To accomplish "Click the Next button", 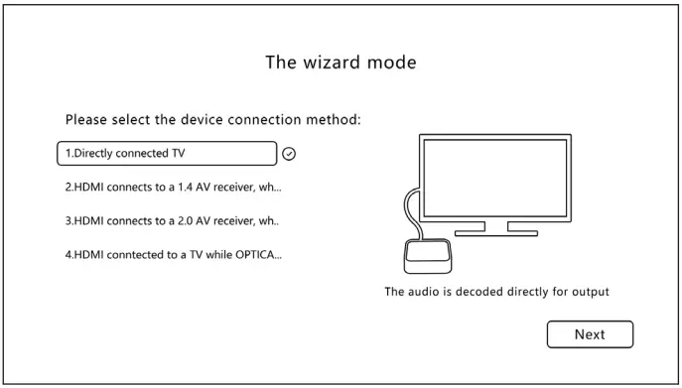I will click(590, 334).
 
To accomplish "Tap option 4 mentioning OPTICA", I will click(173, 254).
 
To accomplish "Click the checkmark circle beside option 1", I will click(290, 154).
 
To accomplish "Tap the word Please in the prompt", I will click(86, 120).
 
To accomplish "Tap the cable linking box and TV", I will click(406, 213).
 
